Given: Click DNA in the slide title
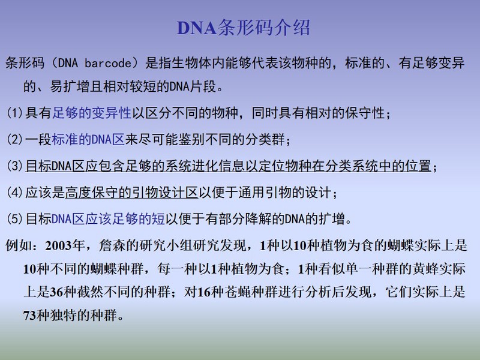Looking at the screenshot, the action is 197,28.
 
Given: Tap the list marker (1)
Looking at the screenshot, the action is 14,113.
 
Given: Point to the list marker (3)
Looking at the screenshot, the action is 14,166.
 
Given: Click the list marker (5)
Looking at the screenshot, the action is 14,219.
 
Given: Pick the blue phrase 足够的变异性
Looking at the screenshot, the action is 92,113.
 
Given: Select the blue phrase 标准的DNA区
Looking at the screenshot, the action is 88,139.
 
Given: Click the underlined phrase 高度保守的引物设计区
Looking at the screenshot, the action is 131,193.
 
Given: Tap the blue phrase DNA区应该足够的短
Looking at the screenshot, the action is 109,219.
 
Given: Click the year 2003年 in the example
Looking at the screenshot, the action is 65,245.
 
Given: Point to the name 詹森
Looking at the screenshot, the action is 112,245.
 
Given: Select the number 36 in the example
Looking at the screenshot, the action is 56,292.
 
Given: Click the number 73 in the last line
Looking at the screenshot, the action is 29,315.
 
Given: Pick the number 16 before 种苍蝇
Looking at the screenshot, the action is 204,292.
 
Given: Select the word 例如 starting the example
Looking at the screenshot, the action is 19,245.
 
